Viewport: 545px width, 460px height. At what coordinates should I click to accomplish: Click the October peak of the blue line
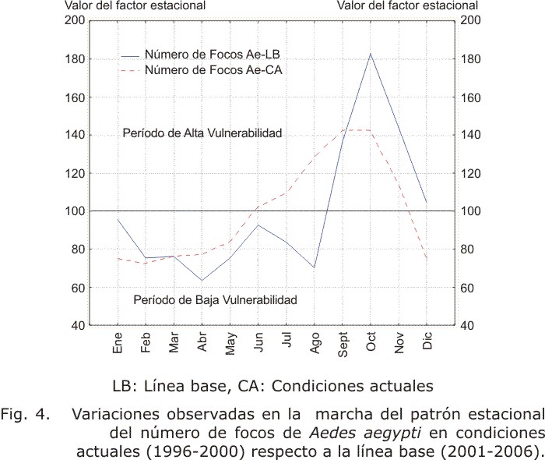[x=371, y=54]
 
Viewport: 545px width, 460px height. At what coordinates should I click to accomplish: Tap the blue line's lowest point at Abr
[x=202, y=280]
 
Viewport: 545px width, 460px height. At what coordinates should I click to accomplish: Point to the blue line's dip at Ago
[x=315, y=267]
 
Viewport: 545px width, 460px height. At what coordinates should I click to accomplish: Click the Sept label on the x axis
[x=343, y=344]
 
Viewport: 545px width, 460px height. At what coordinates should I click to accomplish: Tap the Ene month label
[x=118, y=343]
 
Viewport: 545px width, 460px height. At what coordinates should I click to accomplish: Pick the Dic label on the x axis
[x=427, y=340]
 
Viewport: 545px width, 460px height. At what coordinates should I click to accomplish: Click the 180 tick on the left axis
[x=75, y=58]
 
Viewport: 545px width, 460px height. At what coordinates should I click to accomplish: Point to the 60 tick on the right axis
[x=466, y=288]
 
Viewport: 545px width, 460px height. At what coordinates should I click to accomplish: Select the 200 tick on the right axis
[x=470, y=20]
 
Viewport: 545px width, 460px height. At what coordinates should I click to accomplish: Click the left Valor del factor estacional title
[x=135, y=5]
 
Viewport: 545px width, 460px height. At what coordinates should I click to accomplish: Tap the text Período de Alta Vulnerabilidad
[x=202, y=133]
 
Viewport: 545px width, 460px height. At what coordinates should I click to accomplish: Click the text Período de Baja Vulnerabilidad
[x=215, y=299]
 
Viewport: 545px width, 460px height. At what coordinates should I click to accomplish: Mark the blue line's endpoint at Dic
[x=427, y=202]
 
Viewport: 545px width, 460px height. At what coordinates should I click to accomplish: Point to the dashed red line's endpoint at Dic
[x=427, y=258]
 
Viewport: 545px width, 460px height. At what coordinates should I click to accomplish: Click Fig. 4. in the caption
[x=25, y=414]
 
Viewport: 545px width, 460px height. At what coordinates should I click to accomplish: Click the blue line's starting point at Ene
[x=118, y=219]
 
